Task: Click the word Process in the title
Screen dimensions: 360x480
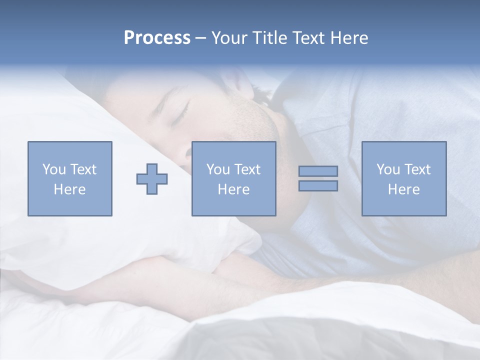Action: pos(157,38)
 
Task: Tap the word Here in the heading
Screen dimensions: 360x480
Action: pos(349,38)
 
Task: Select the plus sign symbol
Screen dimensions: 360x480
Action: pos(152,179)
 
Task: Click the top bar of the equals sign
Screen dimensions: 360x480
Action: pos(318,171)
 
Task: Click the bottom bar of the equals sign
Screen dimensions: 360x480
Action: pos(318,186)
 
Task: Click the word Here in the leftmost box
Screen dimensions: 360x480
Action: pos(69,189)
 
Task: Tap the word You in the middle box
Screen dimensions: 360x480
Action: pos(217,169)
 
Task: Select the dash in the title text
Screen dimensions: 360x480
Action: pos(201,38)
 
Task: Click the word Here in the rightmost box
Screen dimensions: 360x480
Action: pos(403,189)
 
